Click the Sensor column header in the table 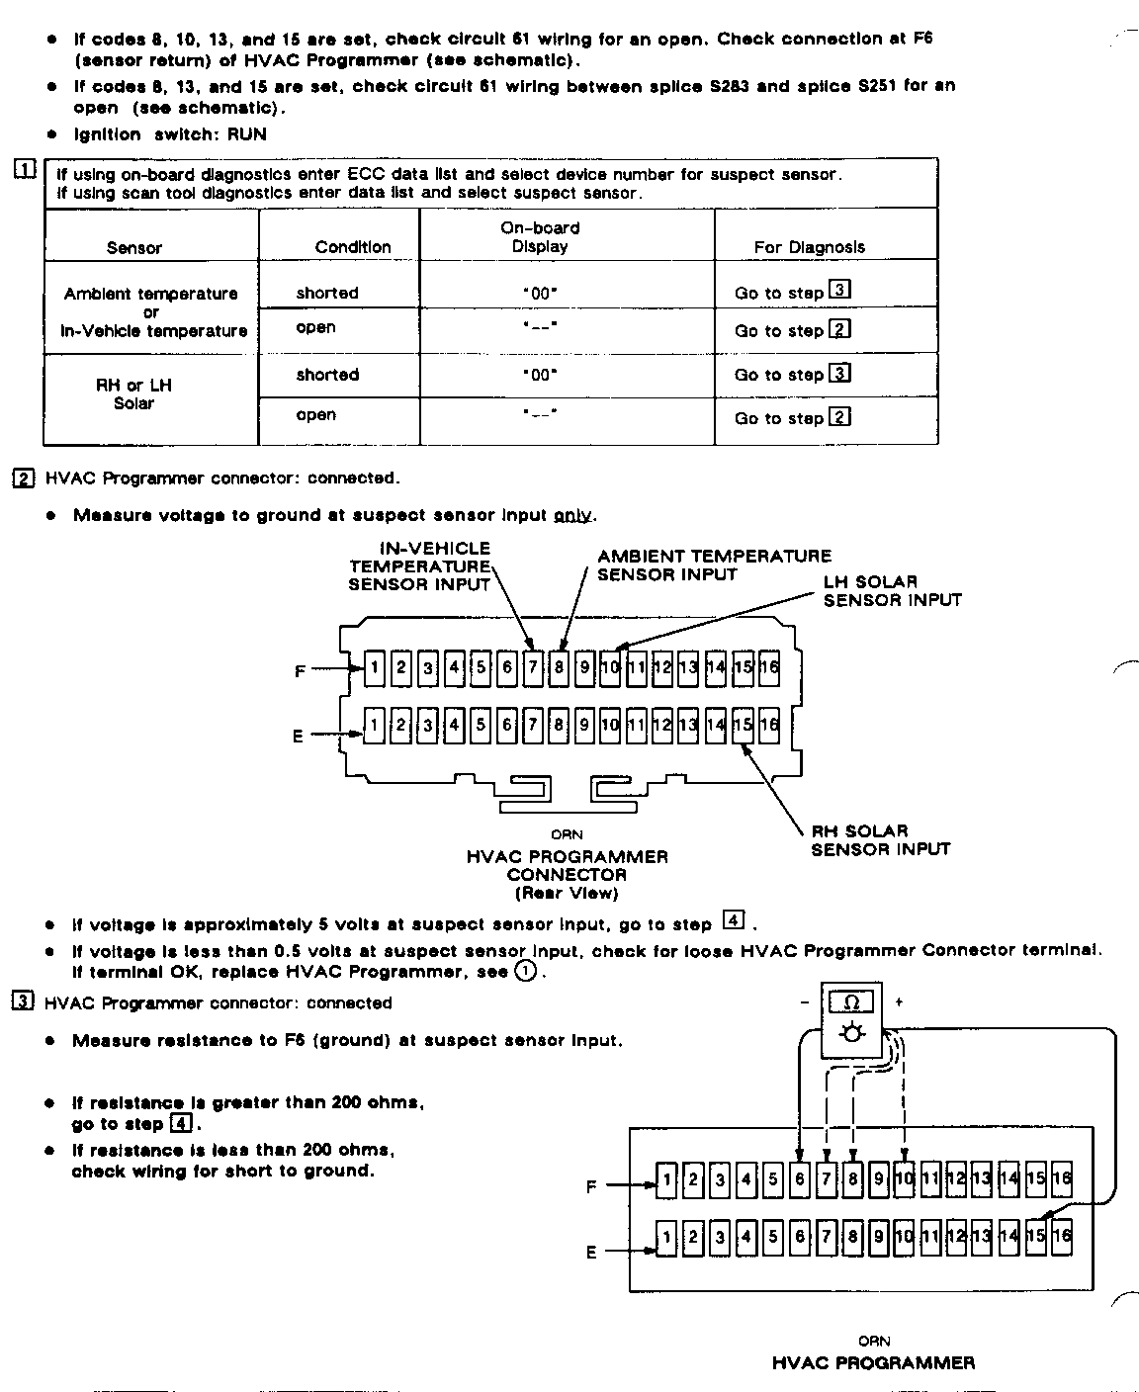click(134, 247)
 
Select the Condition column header click(353, 246)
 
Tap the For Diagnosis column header click(809, 247)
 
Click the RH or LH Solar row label click(133, 393)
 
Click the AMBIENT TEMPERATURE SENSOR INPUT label click(714, 565)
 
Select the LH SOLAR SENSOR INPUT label click(891, 590)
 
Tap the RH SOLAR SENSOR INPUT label click(880, 839)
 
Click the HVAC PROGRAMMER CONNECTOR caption click(567, 865)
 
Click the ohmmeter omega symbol click(853, 1002)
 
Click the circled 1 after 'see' click(526, 972)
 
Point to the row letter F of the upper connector click(301, 671)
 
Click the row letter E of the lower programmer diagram click(591, 1252)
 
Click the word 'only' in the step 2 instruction click(573, 515)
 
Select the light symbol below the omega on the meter click(852, 1033)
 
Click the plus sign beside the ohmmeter click(899, 1001)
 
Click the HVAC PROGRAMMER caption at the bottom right click(873, 1363)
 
